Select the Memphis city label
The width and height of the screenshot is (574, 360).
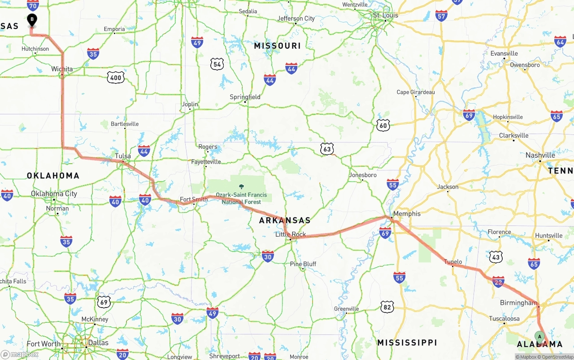407,213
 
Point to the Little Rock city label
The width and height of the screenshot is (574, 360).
291,234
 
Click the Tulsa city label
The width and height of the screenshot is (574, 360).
123,156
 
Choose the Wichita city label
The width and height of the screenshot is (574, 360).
62,69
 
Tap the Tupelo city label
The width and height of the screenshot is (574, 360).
453,262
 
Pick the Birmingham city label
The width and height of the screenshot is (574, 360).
518,303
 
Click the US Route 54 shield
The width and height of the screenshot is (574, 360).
217,64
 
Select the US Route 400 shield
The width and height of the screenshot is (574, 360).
116,78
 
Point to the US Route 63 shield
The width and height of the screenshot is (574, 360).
327,149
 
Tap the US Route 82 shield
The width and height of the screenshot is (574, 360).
387,307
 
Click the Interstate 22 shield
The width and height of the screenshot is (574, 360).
498,281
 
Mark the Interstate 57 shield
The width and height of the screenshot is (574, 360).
441,16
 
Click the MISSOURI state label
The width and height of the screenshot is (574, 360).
277,46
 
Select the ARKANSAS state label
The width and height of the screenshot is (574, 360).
285,220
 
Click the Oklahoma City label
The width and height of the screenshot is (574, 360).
54,194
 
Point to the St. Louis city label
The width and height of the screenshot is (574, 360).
386,15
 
